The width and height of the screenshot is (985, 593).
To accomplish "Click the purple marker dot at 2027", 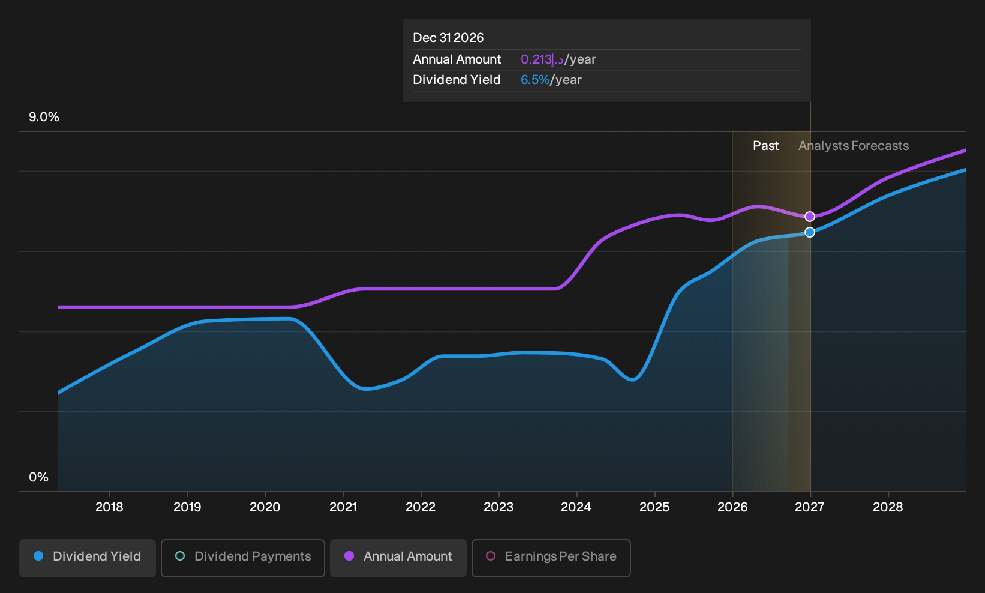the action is pyautogui.click(x=810, y=217).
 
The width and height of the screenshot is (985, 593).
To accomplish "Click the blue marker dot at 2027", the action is pyautogui.click(x=810, y=232).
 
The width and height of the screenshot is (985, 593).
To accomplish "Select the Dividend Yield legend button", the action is pyautogui.click(x=88, y=558).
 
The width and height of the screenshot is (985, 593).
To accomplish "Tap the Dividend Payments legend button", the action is pyautogui.click(x=243, y=558).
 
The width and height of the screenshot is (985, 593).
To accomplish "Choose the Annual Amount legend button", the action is pyautogui.click(x=398, y=558).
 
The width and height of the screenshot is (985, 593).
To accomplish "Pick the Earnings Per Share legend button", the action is pyautogui.click(x=551, y=558).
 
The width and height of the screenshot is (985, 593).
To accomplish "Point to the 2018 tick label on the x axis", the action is pyautogui.click(x=110, y=507).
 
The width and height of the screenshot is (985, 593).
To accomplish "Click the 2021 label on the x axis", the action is pyautogui.click(x=343, y=507).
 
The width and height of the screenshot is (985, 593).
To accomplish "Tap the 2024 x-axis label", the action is pyautogui.click(x=576, y=507).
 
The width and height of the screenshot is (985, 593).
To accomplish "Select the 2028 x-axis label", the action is pyautogui.click(x=888, y=507).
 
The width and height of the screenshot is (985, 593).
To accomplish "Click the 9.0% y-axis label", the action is pyautogui.click(x=44, y=117).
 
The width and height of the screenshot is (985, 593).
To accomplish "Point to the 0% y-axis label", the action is pyautogui.click(x=39, y=477).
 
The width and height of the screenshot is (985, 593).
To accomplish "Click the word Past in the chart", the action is pyautogui.click(x=765, y=146).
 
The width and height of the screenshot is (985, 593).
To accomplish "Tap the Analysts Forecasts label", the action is pyautogui.click(x=854, y=146).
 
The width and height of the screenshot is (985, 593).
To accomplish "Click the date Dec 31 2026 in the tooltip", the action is pyautogui.click(x=448, y=38).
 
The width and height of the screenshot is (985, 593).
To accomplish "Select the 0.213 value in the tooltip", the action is pyautogui.click(x=536, y=59).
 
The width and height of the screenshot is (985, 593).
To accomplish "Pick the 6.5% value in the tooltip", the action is pyautogui.click(x=535, y=80).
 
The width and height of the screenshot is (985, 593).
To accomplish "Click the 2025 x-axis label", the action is pyautogui.click(x=654, y=507).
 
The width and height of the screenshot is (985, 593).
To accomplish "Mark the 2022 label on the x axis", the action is pyautogui.click(x=421, y=507).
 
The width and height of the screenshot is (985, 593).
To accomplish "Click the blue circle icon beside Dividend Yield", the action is pyautogui.click(x=39, y=556).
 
